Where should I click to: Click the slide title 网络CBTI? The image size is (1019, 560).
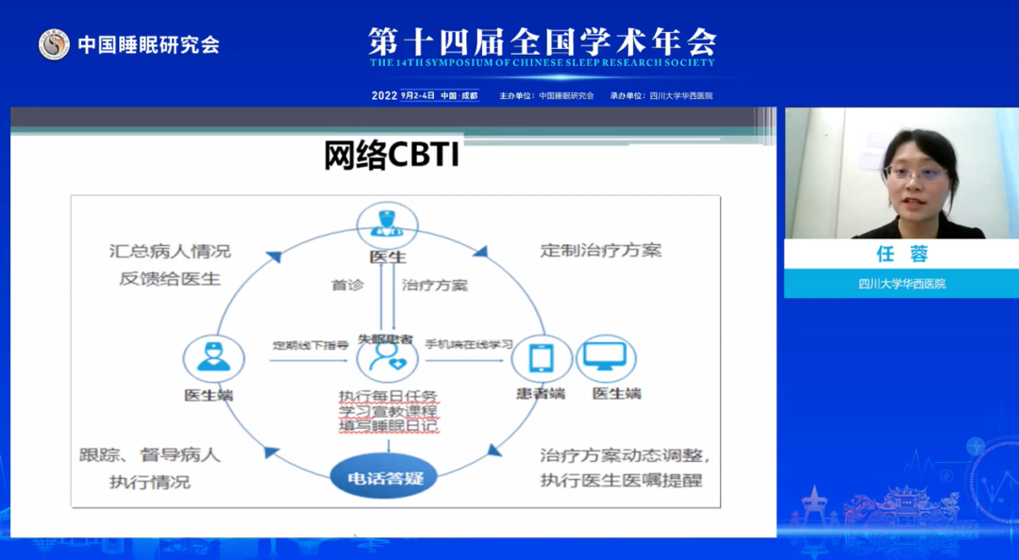click(x=392, y=156)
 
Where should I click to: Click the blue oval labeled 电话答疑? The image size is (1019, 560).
click(x=385, y=478)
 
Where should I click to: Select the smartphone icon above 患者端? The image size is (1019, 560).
click(x=542, y=359)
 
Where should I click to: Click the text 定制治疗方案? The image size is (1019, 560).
click(x=600, y=251)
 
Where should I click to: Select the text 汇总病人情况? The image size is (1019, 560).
click(x=169, y=252)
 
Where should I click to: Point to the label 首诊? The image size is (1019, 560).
click(x=346, y=285)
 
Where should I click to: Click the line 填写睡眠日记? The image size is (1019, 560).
click(x=388, y=426)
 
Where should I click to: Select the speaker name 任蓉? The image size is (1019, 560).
click(x=901, y=255)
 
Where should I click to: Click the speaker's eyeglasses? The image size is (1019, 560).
click(x=913, y=173)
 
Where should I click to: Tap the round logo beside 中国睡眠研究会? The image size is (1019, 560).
click(x=54, y=44)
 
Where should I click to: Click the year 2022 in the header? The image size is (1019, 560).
click(x=384, y=95)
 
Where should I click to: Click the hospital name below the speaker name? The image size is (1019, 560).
click(x=901, y=283)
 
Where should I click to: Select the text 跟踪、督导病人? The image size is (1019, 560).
click(x=149, y=454)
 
